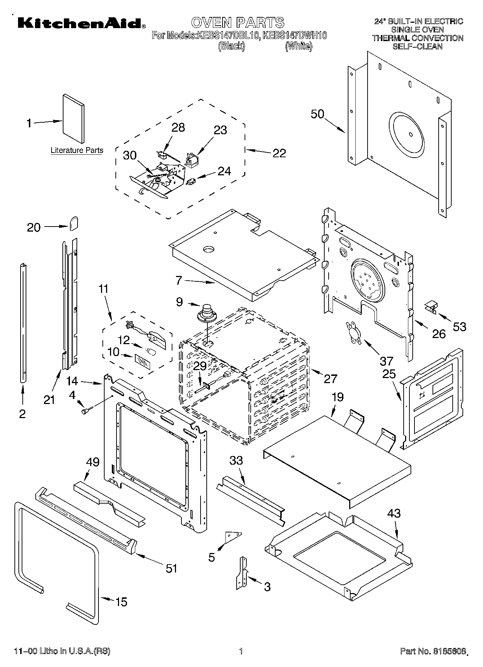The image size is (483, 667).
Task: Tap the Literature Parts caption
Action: pos(77,150)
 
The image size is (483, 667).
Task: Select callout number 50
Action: pos(317,114)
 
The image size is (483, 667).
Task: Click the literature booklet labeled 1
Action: pos(73,119)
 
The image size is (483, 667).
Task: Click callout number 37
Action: pos(386,360)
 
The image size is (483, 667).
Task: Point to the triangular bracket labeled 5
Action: pos(233,536)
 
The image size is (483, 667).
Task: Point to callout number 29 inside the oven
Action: pos(200,366)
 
